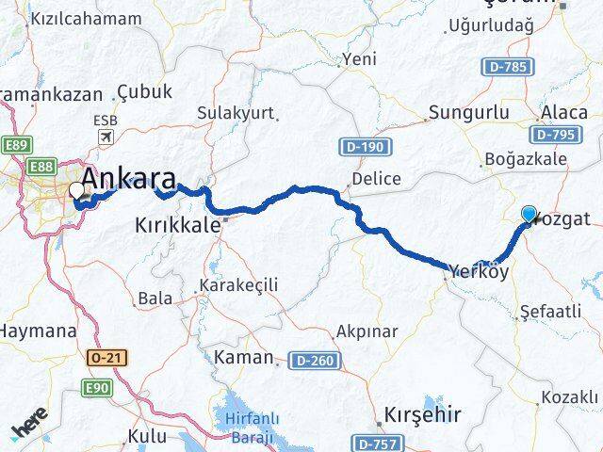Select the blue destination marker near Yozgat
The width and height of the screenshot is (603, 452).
click(x=529, y=215)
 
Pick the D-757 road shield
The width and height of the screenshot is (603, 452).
click(x=379, y=441)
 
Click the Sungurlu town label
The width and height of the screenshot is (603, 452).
click(x=461, y=113)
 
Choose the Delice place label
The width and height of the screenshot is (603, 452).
click(x=376, y=179)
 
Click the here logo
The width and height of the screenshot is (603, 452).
click(x=30, y=430)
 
